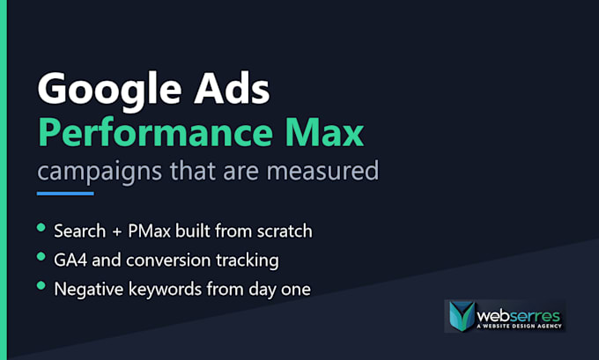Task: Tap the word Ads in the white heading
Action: pos(233,88)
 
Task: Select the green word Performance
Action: pos(156,133)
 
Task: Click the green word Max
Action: pos(325,133)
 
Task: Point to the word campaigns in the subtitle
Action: pos(100,172)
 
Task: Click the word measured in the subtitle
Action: pos(322,171)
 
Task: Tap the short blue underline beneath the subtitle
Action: pos(65,194)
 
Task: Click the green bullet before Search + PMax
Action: pos(41,228)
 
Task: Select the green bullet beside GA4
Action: pos(41,256)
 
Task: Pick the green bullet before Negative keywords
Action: pos(41,285)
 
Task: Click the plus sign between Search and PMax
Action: pos(117,231)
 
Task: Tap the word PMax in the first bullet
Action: pos(149,231)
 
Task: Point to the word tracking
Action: pos(248,261)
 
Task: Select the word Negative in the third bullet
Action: pos(89,289)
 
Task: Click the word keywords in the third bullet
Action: pos(165,290)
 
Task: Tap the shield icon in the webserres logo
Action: pos(462,316)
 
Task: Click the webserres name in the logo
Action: pos(518,316)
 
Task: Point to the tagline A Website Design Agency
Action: pos(520,326)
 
